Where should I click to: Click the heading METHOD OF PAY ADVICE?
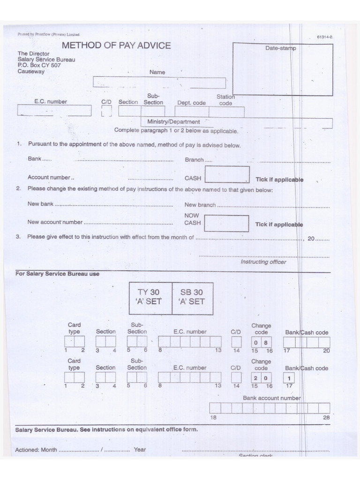116,45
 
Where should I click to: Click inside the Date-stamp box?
282,73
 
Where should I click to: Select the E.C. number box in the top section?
54,111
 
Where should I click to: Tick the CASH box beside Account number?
227,174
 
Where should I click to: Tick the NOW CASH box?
227,223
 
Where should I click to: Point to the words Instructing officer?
263,262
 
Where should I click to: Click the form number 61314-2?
324,36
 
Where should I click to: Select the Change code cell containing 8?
265,343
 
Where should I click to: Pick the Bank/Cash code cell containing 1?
289,378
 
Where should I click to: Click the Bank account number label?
272,398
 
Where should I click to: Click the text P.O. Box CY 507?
39,66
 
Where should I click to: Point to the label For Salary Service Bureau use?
57,274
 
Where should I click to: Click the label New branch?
200,205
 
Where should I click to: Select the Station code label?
225,100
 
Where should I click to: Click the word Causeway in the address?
31,72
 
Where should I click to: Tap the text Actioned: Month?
36,450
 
